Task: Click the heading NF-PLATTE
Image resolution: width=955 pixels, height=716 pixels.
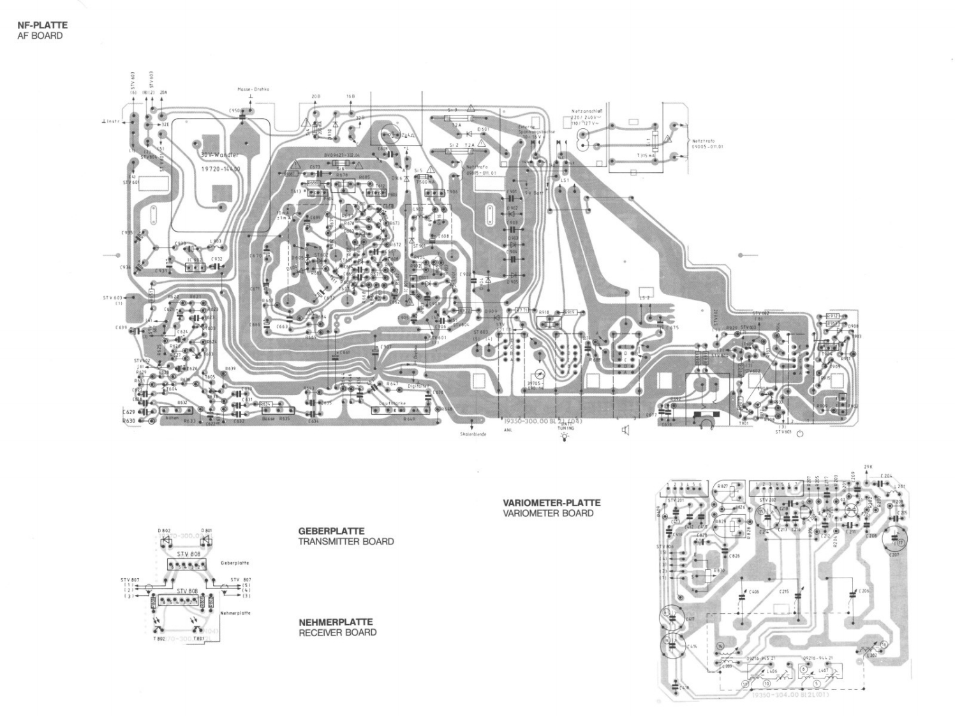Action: point(42,26)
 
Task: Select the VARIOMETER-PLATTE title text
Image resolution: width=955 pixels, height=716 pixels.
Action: point(551,503)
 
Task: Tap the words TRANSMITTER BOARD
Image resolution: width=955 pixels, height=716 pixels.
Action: point(346,542)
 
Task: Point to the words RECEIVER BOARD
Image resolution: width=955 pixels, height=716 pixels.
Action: point(337,633)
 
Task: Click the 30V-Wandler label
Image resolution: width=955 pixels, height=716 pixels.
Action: point(219,155)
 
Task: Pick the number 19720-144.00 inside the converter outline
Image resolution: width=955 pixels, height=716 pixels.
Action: point(221,169)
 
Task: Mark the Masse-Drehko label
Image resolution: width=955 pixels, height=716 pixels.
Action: point(253,89)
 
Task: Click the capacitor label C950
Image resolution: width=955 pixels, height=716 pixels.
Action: point(235,110)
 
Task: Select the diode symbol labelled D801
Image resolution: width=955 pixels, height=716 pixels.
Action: point(206,540)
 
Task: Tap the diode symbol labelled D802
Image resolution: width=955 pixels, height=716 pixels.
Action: point(165,540)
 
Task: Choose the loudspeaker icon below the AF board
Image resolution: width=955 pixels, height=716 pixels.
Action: point(625,431)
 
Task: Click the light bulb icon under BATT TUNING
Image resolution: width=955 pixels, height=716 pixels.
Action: point(563,439)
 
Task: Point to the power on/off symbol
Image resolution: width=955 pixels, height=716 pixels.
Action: point(800,435)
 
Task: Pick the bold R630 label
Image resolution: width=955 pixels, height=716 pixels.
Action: point(131,421)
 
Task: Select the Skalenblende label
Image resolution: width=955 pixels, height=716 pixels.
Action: point(473,434)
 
